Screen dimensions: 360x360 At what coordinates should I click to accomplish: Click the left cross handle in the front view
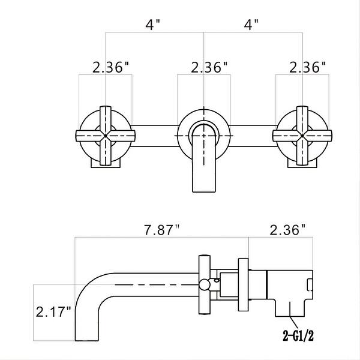[x=106, y=136]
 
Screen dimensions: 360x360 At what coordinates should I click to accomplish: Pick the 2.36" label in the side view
[x=287, y=229]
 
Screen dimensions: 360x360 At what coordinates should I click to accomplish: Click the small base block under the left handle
[x=106, y=160]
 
